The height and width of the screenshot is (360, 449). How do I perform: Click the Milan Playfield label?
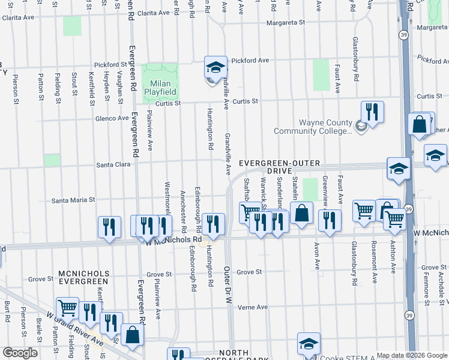(x=160, y=88)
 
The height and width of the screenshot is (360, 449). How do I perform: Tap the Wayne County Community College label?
(x=313, y=127)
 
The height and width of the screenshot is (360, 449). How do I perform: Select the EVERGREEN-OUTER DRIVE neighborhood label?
(x=280, y=167)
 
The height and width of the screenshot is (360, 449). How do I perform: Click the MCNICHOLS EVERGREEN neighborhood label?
(x=83, y=277)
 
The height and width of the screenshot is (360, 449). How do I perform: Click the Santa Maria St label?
(x=73, y=200)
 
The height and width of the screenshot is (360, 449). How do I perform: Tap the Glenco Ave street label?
(x=112, y=118)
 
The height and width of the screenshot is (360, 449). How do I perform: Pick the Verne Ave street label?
(x=253, y=307)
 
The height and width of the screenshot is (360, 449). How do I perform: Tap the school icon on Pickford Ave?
(x=215, y=67)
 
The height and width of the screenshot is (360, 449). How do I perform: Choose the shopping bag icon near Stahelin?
(x=302, y=213)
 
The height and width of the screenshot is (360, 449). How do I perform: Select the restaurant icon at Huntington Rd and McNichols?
(x=214, y=223)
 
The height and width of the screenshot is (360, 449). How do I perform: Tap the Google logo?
(x=20, y=353)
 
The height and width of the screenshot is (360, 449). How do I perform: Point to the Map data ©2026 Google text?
(x=412, y=355)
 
